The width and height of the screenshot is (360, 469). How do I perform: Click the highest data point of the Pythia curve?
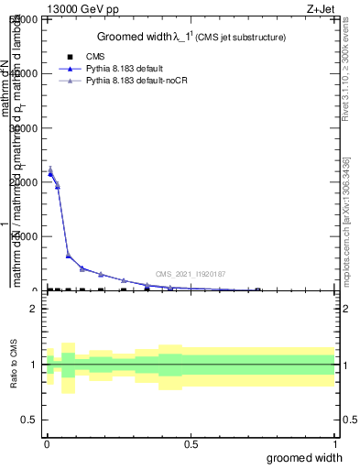pos(49,169)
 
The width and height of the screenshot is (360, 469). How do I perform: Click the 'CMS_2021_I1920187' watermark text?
pos(191,274)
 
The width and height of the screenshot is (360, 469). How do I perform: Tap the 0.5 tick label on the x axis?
pos(191,443)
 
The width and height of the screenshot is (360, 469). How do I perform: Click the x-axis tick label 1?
pos(334,443)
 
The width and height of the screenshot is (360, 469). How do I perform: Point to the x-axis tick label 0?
pos(47,443)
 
